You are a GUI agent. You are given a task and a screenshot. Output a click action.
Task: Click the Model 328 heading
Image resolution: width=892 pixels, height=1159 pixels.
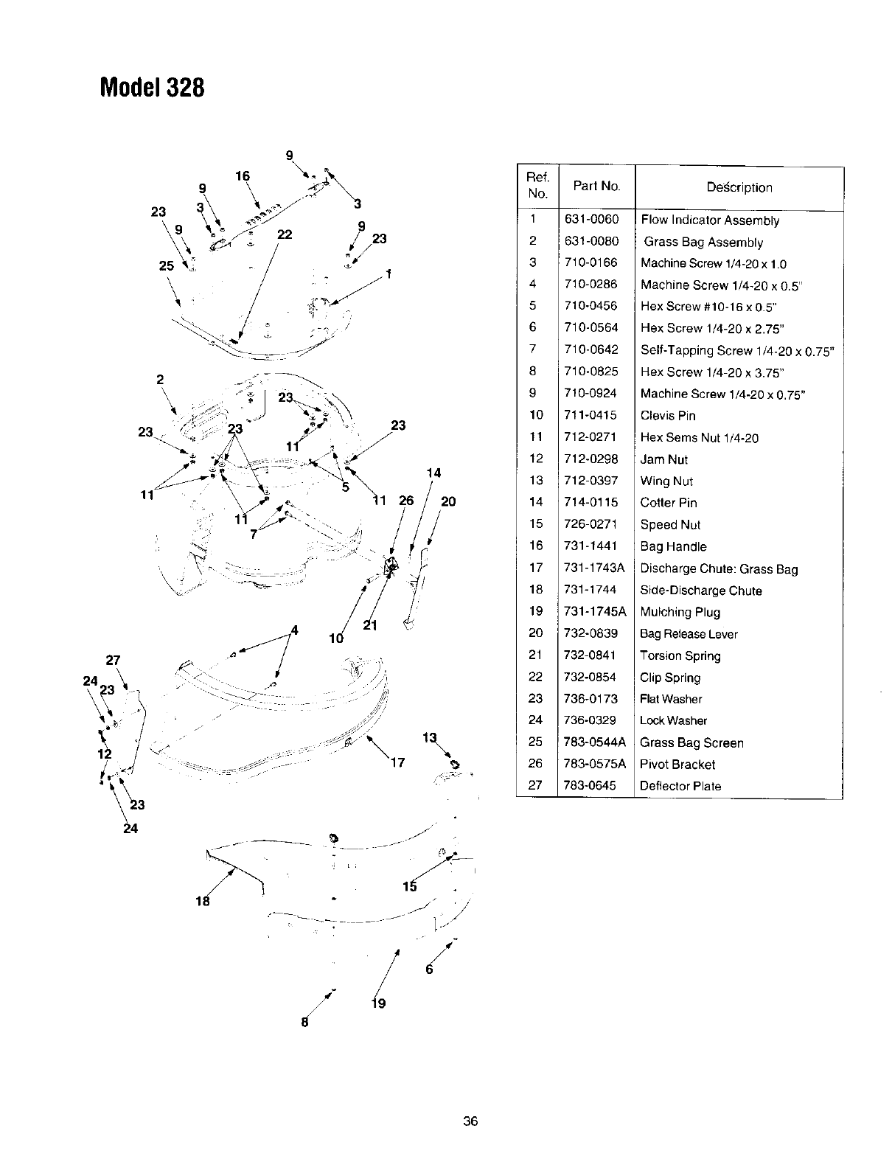[x=151, y=88]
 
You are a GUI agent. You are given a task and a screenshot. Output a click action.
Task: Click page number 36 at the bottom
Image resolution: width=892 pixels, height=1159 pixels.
[x=470, y=1121]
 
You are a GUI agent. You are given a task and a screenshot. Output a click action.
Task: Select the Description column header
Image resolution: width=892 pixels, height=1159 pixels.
[x=739, y=187]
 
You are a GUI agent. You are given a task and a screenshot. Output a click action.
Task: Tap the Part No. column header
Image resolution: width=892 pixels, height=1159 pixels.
[x=596, y=186]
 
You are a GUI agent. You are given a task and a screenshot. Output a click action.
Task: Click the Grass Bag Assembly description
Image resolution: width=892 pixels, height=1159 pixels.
[x=703, y=242]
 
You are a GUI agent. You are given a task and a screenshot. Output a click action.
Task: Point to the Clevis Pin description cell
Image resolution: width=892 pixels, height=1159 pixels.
[x=667, y=415]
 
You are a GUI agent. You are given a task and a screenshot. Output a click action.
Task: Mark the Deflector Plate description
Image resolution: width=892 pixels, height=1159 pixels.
[x=680, y=786]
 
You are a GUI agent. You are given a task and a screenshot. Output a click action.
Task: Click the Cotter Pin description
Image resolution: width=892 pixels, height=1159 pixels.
[x=668, y=503]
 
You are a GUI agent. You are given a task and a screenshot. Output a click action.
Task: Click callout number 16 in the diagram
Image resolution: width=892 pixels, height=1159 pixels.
[x=243, y=175]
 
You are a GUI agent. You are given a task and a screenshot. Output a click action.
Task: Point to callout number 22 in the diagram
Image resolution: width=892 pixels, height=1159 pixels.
[x=285, y=234]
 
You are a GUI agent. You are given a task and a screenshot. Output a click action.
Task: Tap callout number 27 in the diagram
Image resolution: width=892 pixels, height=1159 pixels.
[x=113, y=659]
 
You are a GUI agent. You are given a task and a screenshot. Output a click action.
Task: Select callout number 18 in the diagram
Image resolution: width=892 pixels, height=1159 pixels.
[x=203, y=901]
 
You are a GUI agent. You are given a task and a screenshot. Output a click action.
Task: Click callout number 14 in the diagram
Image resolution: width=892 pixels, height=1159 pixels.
[x=434, y=473]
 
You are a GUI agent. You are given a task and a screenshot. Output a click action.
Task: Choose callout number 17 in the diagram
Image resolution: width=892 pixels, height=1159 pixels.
[x=397, y=762]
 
